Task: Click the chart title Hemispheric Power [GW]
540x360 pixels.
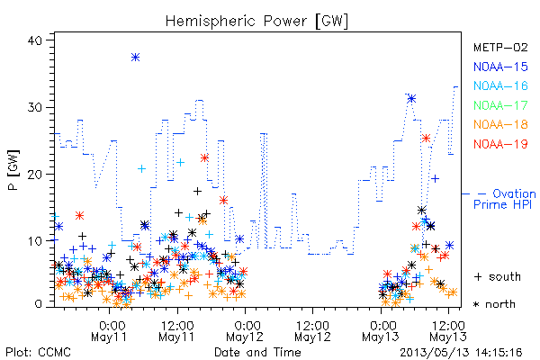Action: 256,21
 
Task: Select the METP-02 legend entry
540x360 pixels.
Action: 500,47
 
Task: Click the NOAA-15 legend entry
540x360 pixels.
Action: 500,67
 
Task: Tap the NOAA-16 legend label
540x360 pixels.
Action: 500,85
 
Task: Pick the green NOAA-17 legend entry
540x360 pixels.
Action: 500,105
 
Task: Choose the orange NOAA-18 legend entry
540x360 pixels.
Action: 500,124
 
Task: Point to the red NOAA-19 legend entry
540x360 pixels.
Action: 500,144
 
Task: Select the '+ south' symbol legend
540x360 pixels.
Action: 498,276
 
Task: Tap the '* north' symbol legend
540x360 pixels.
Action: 494,304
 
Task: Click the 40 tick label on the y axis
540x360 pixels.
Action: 34,40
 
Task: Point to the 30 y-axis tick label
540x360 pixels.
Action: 34,107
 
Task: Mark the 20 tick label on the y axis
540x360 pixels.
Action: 34,175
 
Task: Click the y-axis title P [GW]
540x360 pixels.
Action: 13,170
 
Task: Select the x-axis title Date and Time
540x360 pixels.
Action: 257,352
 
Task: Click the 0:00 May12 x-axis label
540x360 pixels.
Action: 245,331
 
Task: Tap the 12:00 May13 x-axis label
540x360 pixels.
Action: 448,331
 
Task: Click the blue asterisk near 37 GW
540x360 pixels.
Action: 136,58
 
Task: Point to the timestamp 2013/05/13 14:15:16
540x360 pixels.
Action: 461,353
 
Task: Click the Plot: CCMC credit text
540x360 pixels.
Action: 38,353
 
